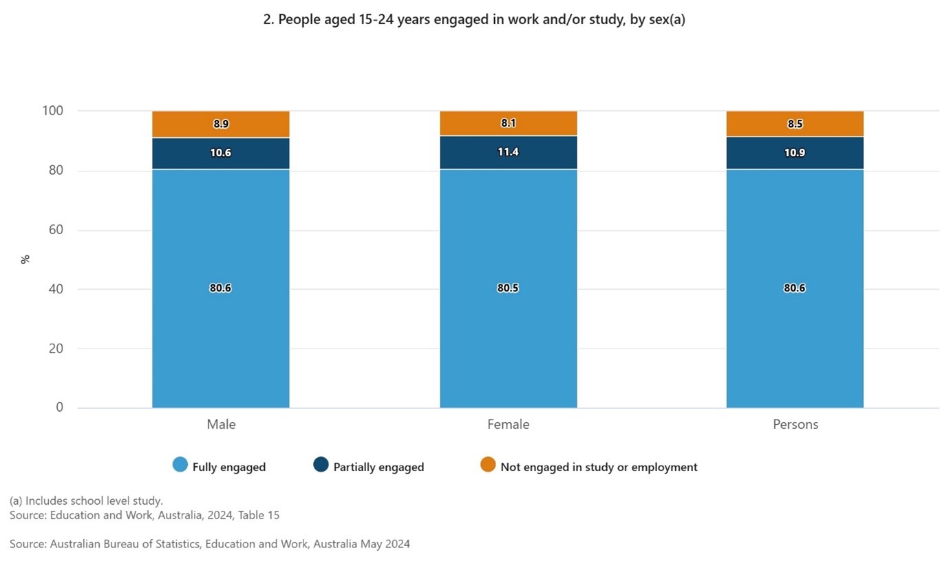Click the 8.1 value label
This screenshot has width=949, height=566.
(508, 124)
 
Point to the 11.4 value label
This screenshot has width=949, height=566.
(508, 152)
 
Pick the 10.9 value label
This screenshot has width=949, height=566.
(795, 152)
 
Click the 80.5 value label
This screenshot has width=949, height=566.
(508, 288)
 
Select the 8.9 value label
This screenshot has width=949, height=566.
(221, 124)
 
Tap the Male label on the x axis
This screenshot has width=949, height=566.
(221, 424)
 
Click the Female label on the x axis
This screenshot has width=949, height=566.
(508, 424)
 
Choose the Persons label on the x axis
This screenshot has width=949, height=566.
(795, 424)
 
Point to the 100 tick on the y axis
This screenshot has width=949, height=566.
(52, 111)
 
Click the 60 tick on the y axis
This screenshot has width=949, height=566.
(55, 230)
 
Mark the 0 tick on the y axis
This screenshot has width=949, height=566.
(59, 408)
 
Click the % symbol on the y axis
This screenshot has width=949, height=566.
(25, 259)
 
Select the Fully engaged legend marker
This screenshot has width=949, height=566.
(180, 465)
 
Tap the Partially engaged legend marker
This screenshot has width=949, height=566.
(321, 465)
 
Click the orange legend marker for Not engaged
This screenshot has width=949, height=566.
(488, 465)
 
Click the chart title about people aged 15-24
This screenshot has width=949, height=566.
(474, 20)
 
